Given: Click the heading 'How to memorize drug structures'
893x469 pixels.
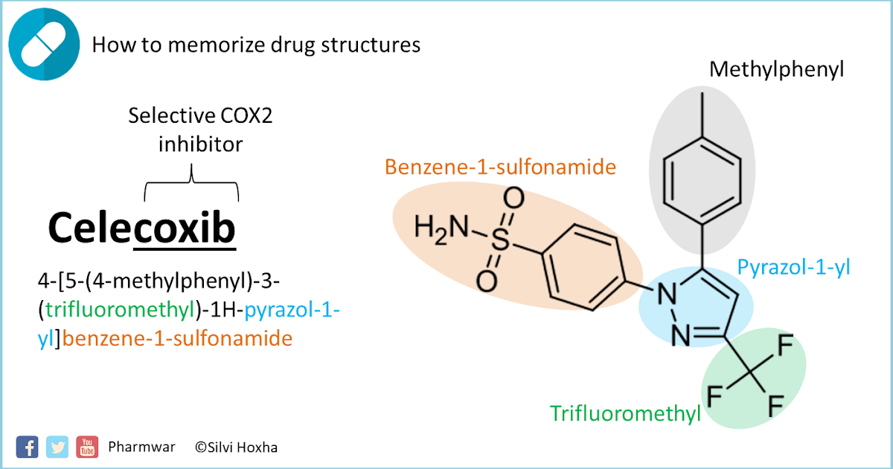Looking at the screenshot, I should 256,45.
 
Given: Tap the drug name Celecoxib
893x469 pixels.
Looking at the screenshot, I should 141,228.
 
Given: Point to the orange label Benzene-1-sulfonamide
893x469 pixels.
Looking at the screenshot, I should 500,167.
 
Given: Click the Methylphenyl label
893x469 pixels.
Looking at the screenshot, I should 778,70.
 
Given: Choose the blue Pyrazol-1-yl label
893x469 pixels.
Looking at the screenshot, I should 793,267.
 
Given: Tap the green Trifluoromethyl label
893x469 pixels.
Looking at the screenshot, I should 625,413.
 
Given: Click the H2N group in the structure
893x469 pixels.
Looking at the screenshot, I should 440,227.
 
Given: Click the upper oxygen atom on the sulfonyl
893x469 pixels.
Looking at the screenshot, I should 513,199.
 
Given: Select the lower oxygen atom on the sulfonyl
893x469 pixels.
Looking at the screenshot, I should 486,281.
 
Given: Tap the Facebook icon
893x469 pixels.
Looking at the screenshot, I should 27,447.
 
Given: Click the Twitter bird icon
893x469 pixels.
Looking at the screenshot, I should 57,447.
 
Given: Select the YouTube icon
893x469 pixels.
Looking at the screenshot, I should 87,447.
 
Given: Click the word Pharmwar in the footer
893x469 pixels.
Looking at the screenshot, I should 141,447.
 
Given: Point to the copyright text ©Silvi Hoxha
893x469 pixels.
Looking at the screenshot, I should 236,447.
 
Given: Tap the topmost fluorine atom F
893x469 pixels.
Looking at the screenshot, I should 784,346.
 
